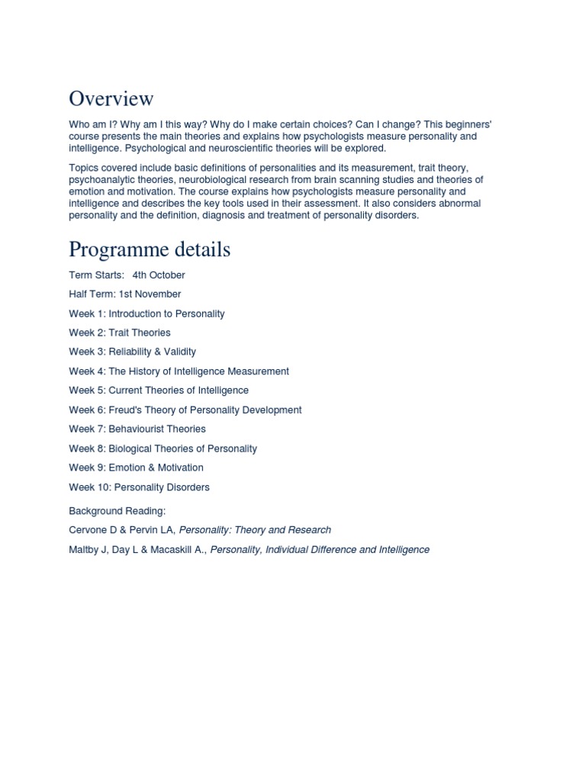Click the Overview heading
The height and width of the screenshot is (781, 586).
pos(111,98)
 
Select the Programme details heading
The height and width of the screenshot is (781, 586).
pos(150,249)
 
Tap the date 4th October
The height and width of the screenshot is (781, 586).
pos(159,275)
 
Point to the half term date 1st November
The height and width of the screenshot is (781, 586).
pos(150,294)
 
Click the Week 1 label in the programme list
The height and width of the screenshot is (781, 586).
pos(86,313)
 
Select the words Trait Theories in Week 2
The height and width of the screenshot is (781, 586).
pos(140,333)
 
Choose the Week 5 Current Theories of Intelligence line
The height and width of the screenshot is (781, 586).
pos(159,390)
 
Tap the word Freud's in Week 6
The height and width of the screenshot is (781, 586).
pos(126,410)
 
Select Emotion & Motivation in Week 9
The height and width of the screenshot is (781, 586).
pos(156,468)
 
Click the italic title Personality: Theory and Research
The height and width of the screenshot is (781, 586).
pos(255,529)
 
